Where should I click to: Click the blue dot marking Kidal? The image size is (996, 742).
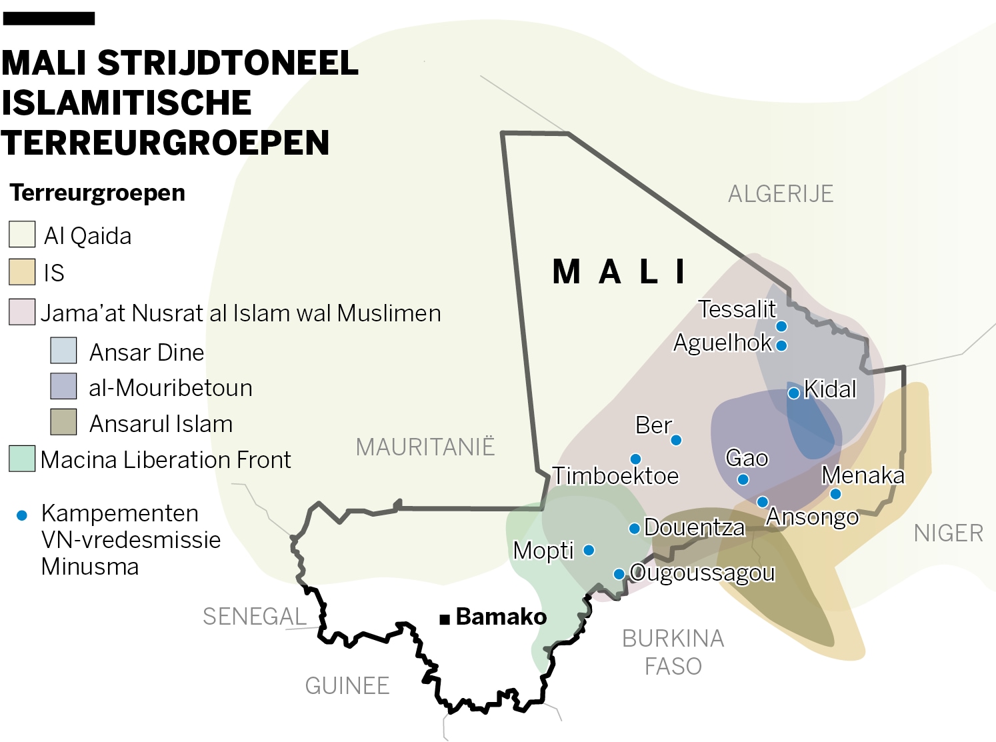point(793,393)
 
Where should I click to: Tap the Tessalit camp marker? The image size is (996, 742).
point(781,326)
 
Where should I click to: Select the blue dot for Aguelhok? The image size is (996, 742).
point(781,345)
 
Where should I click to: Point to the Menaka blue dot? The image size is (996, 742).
point(835,494)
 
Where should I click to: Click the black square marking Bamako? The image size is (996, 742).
point(445,619)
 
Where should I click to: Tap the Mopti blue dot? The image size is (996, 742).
point(589,550)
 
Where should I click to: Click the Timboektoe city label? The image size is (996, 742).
point(615,476)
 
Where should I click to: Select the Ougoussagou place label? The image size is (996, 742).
point(702,573)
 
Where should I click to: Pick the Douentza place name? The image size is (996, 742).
point(694,527)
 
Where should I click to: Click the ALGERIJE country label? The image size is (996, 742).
point(781,194)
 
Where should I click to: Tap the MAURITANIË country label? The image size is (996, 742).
point(425,447)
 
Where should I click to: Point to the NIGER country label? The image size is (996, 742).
point(948,533)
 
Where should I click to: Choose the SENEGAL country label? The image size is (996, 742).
point(255,617)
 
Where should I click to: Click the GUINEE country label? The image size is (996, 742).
point(347,685)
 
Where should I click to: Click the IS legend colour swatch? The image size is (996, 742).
point(22,272)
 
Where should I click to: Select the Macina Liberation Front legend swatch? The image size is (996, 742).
point(22,459)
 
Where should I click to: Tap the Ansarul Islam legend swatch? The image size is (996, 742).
point(63,422)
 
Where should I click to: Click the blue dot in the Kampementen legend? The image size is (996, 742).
point(22,515)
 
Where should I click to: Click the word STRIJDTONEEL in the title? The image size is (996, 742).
point(228,63)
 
